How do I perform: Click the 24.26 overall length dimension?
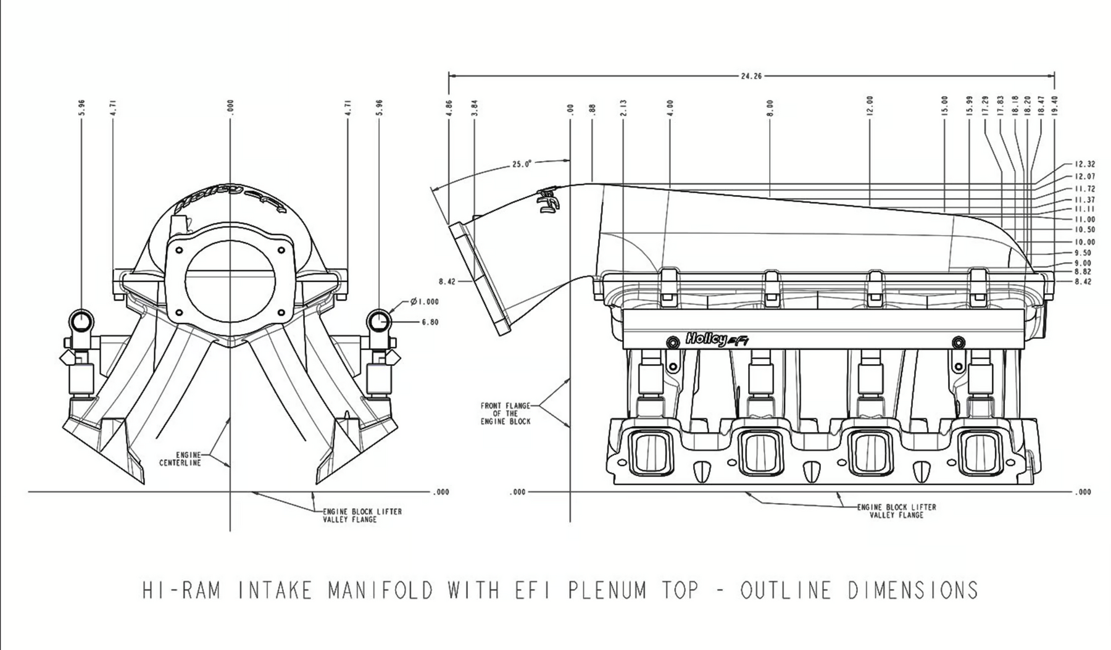coord(751,77)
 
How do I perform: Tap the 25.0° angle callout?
coord(521,165)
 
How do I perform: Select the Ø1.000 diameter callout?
coord(424,302)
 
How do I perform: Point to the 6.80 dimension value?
coord(430,322)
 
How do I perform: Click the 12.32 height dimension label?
coord(1084,165)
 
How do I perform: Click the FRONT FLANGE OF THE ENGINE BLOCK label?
coord(506,414)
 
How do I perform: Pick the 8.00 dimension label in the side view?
coord(770,107)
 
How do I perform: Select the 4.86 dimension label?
coord(449,107)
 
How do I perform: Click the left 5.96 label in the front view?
coord(81,107)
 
